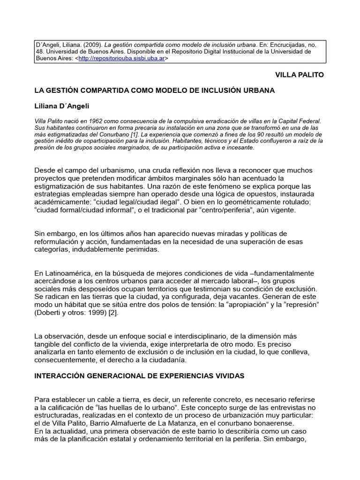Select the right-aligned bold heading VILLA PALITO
coord(299,75)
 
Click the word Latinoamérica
coord(65,273)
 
